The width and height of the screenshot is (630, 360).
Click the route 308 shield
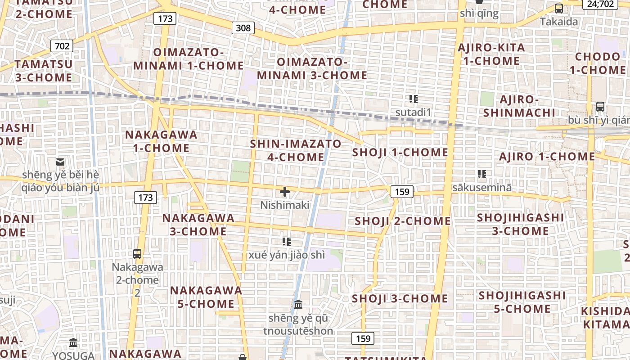(243, 28)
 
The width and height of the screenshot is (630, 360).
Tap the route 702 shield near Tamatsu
(62, 46)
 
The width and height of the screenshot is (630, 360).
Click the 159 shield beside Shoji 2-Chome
(401, 192)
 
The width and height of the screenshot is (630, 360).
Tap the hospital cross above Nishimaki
(285, 192)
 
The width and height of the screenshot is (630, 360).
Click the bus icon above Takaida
(559, 8)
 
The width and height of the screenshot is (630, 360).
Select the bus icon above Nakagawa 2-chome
(137, 254)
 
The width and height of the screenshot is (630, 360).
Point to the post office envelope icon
(60, 162)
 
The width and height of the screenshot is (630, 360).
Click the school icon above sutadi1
(413, 99)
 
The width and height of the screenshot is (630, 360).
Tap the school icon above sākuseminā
(482, 174)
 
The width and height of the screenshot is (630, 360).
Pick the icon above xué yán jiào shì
(286, 242)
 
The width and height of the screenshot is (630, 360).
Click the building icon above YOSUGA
(73, 343)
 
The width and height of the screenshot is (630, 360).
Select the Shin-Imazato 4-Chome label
(296, 150)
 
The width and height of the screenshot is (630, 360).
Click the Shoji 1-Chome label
(400, 153)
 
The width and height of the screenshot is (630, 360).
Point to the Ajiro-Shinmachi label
(520, 106)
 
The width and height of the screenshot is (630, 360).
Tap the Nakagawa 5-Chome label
(206, 297)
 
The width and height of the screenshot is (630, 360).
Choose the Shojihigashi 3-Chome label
(520, 224)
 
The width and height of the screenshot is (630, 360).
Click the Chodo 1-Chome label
(598, 63)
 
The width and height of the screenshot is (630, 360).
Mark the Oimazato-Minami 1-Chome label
(189, 59)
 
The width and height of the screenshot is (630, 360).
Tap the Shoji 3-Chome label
(400, 299)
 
